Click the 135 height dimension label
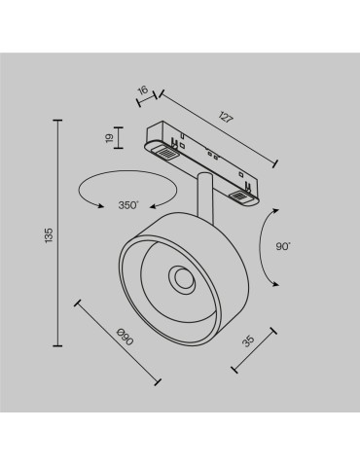coord(47,233)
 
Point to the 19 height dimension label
coord(110,139)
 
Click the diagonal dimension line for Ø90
coord(118,345)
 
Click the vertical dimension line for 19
coord(120,139)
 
